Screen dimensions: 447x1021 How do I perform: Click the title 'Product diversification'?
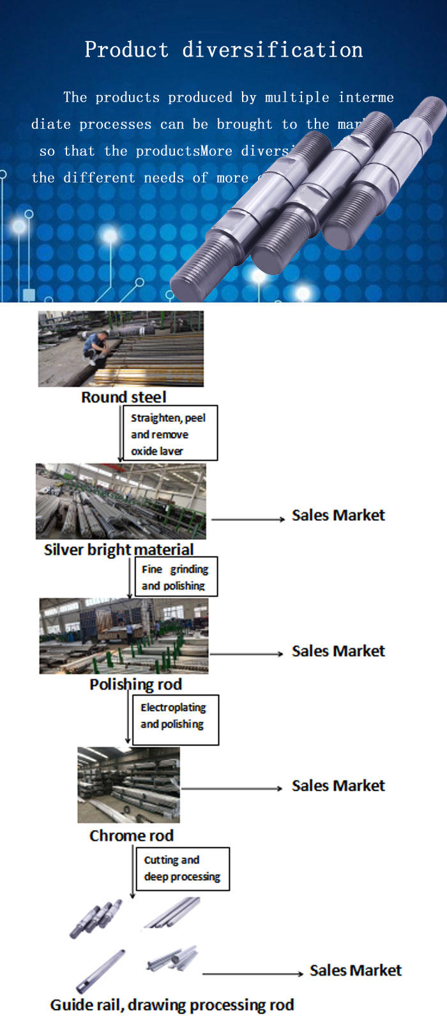pos(223,50)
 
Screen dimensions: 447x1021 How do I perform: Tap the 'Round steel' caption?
pos(123,397)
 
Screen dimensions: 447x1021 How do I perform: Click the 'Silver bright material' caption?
pos(118,549)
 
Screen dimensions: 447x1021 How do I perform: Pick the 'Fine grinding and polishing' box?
pos(176,577)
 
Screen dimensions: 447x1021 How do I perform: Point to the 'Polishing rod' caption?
pos(135,685)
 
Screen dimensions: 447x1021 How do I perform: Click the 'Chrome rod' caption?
pos(131,835)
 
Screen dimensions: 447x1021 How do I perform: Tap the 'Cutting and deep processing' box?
pos(182,868)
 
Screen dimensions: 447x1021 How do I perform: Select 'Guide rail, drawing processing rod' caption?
pos(172,1005)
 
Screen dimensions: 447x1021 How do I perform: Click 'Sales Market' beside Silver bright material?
pos(338,515)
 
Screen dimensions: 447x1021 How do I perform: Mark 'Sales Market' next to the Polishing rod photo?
pos(338,651)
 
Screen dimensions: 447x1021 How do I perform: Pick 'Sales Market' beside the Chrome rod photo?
pos(338,786)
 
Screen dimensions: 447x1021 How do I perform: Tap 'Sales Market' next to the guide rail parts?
pos(355,971)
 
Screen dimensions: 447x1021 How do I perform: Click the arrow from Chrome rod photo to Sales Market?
pos(231,789)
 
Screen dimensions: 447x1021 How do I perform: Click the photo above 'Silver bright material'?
pos(121,501)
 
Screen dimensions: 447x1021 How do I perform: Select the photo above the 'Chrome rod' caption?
pos(128,784)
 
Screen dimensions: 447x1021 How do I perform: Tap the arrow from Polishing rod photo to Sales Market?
pos(246,654)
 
